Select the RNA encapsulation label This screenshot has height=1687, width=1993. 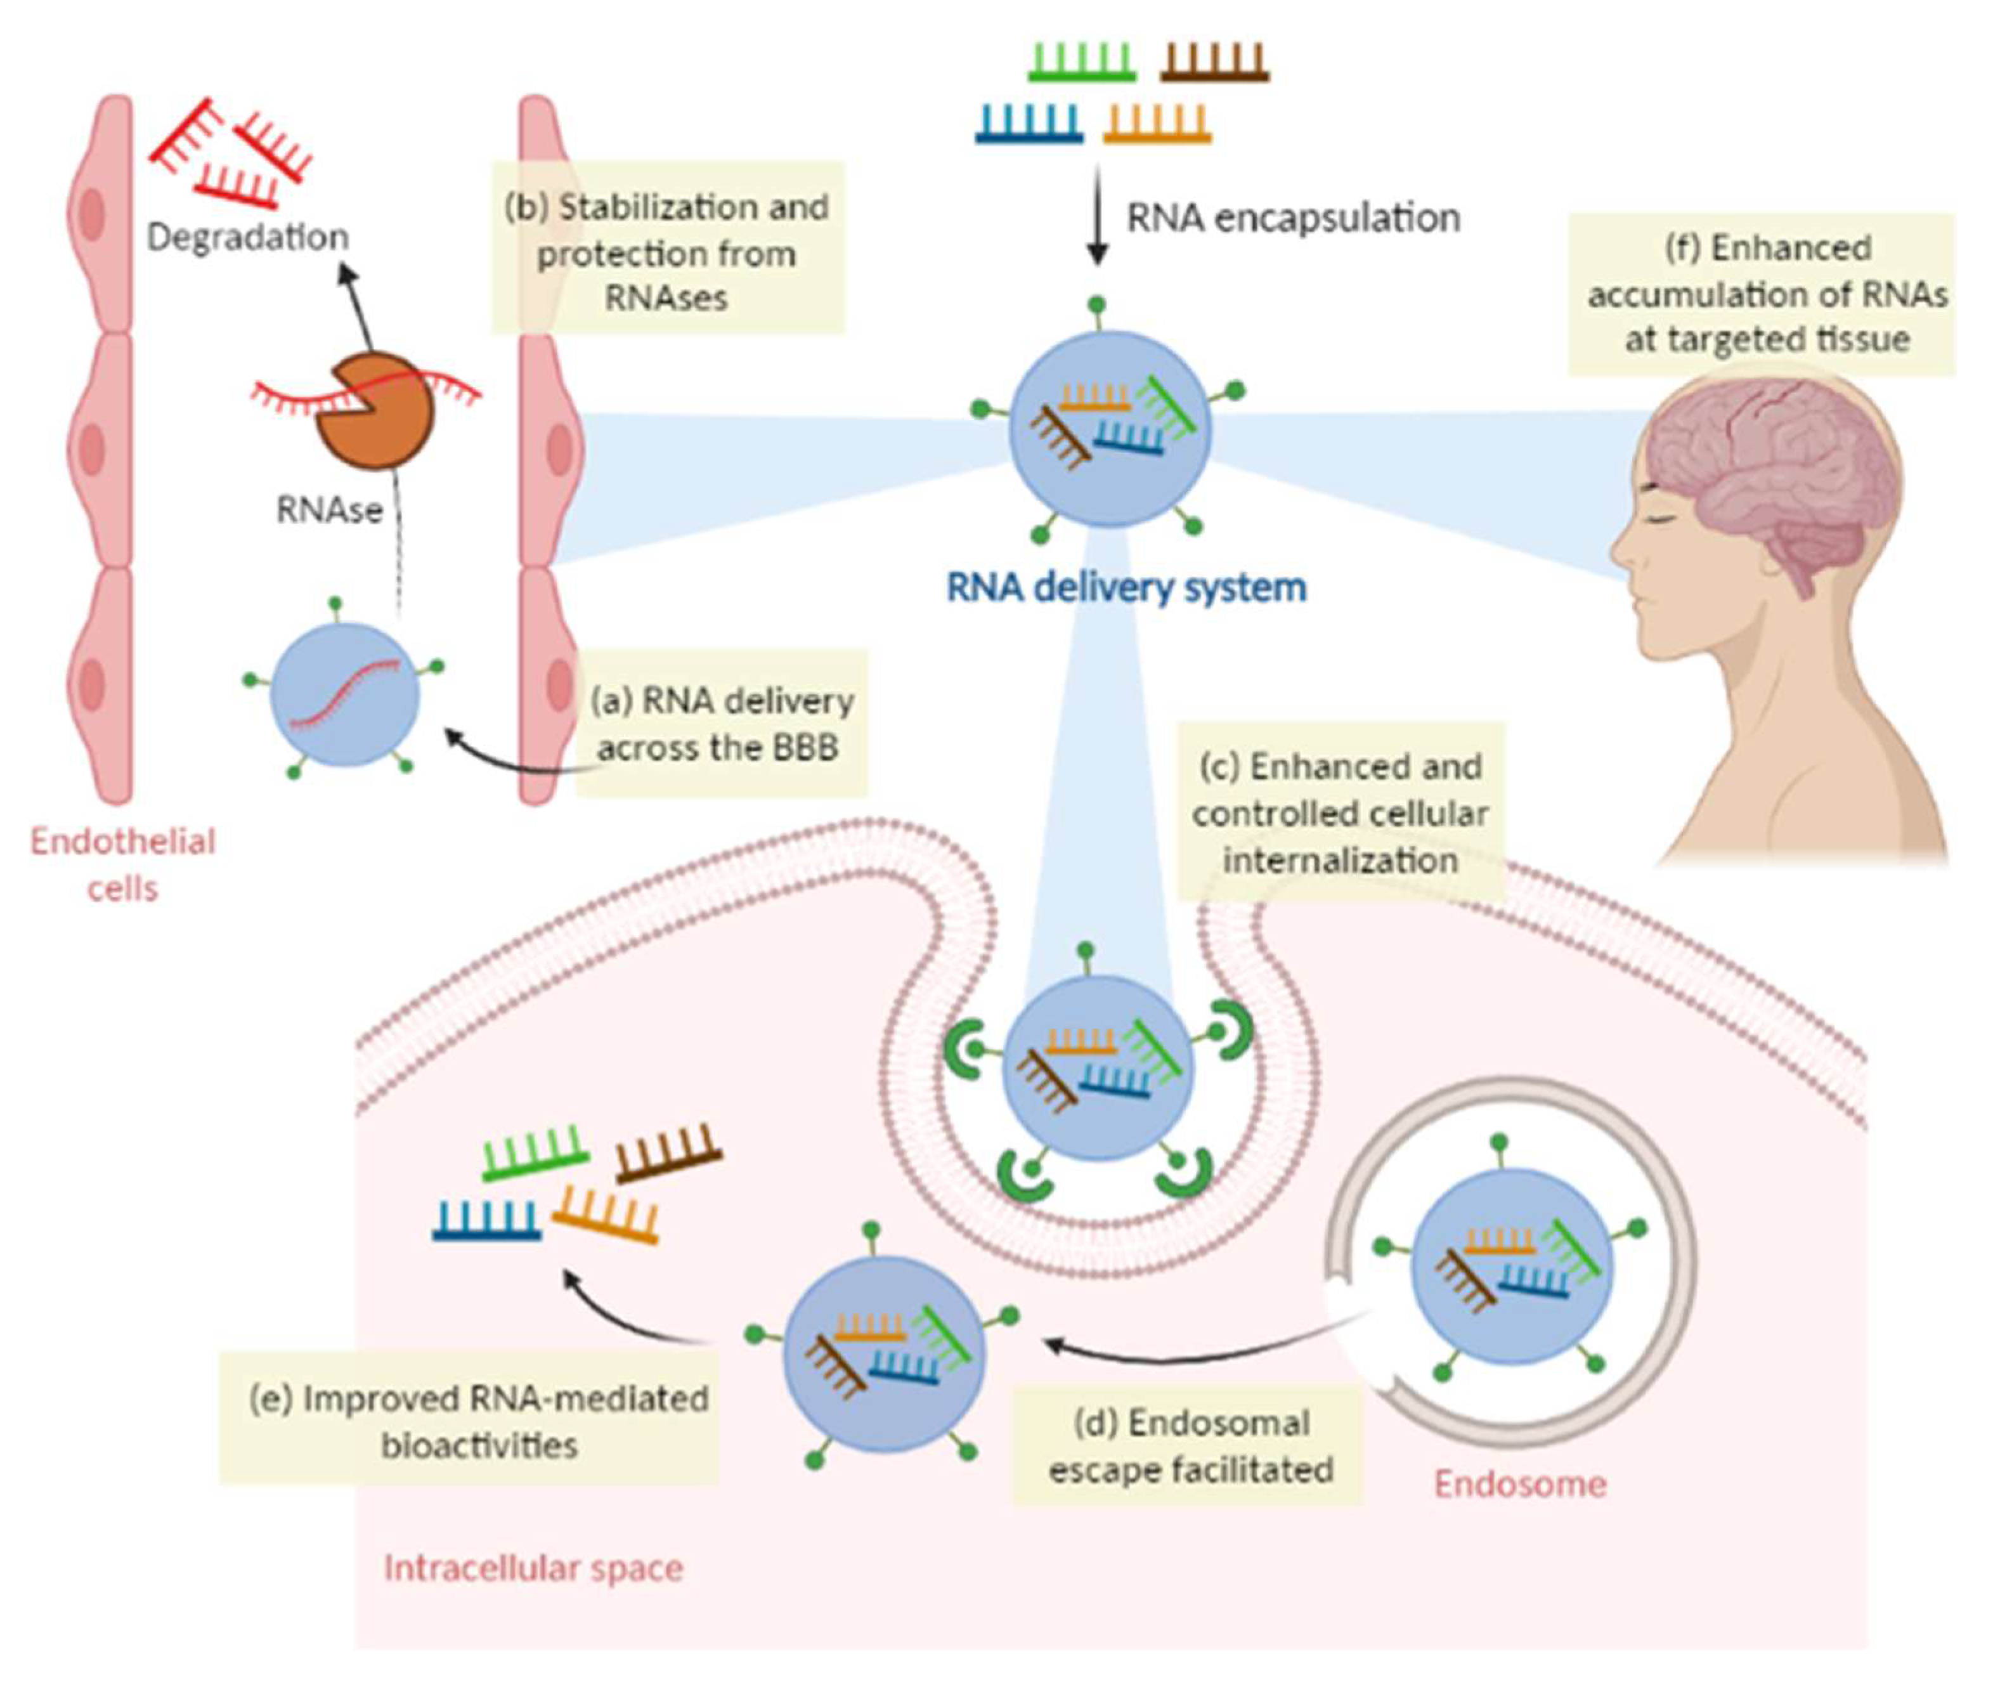pos(1293,218)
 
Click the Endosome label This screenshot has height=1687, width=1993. pos(1519,1483)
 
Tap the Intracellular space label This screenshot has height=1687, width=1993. pos(533,1568)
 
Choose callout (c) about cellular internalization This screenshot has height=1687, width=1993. pos(1340,813)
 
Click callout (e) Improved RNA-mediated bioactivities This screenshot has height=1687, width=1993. pos(478,1421)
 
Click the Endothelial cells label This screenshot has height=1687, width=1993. pos(122,864)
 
